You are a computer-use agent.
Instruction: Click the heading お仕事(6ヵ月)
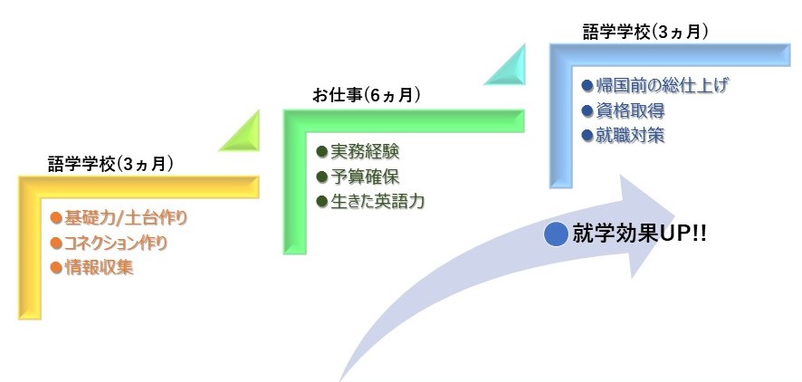367,96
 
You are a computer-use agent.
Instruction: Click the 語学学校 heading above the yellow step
110,164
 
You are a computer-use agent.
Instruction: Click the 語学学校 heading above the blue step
645,32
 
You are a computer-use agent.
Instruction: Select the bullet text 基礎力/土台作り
126,218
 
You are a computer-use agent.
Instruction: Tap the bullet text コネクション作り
116,243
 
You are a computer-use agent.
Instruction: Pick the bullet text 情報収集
99,267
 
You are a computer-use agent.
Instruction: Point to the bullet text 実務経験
365,151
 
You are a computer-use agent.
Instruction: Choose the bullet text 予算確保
365,177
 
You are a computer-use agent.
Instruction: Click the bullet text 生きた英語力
377,202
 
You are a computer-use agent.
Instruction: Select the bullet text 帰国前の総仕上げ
662,85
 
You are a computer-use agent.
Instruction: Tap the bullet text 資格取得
630,110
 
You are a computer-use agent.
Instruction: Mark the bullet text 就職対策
630,136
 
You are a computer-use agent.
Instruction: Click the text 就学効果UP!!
639,234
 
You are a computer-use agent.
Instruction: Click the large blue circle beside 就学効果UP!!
556,234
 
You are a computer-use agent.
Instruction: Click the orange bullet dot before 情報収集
56,267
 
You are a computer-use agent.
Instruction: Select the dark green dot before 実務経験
321,151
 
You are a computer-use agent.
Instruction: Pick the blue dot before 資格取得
587,110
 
